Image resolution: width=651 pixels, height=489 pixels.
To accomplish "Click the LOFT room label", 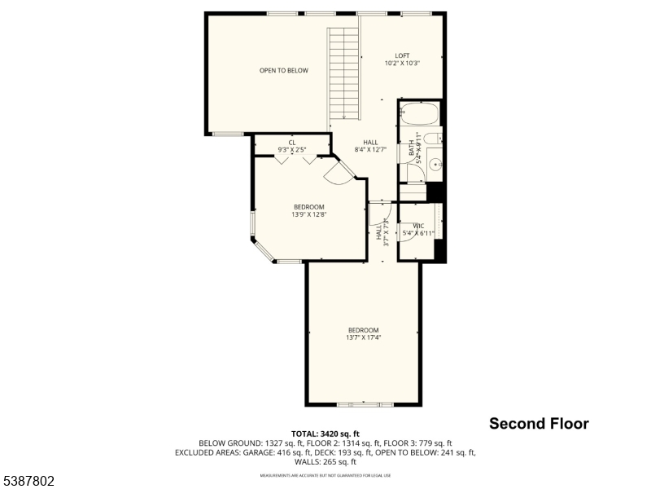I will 401,56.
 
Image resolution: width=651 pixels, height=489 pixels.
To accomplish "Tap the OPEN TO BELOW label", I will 284,71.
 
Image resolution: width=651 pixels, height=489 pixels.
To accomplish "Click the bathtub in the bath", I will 419,114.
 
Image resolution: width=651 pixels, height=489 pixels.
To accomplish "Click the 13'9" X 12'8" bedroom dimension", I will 308,215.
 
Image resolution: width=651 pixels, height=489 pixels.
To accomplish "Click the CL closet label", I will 291,143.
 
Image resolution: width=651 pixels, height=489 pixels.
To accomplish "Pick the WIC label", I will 418,226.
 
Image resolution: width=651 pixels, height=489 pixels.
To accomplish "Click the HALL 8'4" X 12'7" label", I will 370,146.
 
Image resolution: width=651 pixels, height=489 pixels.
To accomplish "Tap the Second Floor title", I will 539,424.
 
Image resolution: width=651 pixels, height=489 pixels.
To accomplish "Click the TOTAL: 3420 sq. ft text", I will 325,434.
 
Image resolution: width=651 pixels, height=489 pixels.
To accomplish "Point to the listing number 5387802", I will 28,482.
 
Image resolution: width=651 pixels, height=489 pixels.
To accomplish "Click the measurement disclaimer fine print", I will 325,474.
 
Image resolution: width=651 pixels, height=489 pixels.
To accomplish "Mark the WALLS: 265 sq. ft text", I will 325,461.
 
